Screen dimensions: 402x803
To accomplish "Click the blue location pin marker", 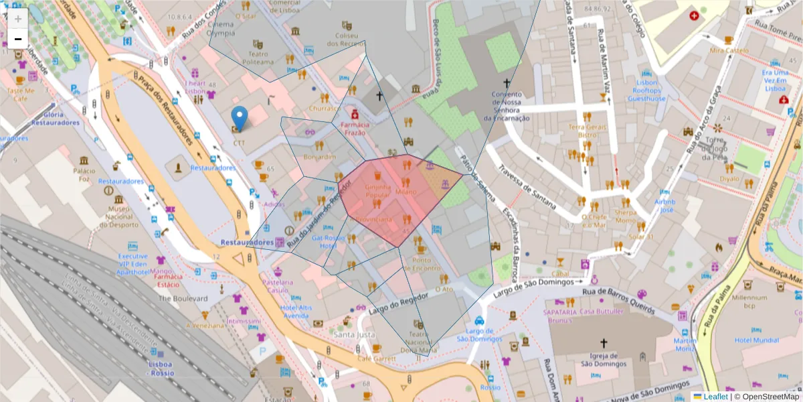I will [239, 118].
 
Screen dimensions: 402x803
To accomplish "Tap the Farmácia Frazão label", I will [354, 129].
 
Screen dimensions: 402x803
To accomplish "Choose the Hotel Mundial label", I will [756, 340].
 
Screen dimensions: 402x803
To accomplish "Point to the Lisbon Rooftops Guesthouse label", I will [646, 90].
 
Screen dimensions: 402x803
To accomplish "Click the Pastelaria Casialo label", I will [278, 286].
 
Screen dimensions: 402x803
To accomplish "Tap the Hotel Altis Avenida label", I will [296, 311].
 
